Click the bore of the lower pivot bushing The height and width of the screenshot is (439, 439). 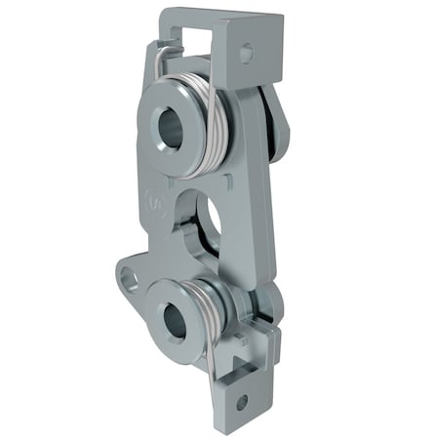[x=175, y=321]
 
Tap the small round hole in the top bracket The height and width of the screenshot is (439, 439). [x=245, y=53]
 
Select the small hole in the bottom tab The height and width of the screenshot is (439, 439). [x=241, y=401]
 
